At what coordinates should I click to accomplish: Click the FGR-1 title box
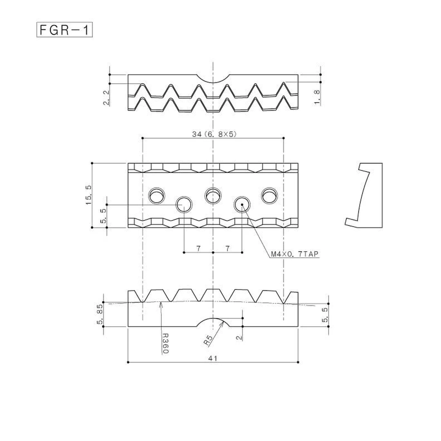click(65, 30)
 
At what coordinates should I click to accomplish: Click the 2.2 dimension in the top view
click(106, 98)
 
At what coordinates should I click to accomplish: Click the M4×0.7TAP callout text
click(294, 254)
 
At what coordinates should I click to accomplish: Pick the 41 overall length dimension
click(213, 358)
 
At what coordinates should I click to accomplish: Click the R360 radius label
click(165, 343)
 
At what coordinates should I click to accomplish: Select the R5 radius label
click(209, 340)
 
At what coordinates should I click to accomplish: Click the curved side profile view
click(364, 195)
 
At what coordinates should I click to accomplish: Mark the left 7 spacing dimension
click(198, 248)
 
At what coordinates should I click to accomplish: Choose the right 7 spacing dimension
click(227, 248)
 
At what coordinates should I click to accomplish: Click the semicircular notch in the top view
click(213, 78)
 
